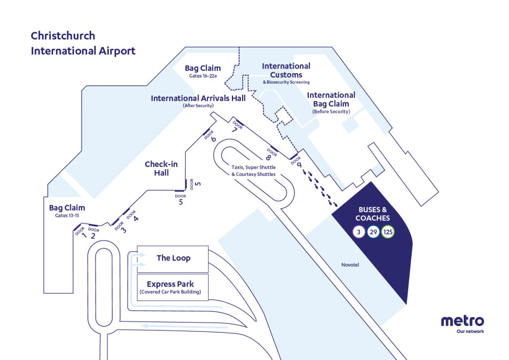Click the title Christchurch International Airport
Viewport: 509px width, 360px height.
(x=83, y=44)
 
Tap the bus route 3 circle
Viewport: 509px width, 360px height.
(x=358, y=232)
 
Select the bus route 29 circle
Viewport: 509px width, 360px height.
(x=373, y=232)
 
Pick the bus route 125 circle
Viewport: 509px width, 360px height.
(x=388, y=232)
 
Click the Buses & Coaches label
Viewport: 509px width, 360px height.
(x=372, y=213)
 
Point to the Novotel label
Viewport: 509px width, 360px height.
(x=351, y=265)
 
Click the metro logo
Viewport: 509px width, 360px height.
(x=462, y=322)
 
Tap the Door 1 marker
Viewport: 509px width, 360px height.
(x=81, y=232)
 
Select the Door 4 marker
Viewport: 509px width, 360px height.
(x=133, y=216)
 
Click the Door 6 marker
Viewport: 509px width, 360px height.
(x=210, y=137)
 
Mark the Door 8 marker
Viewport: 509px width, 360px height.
(x=270, y=154)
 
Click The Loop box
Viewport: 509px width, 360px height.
(x=173, y=258)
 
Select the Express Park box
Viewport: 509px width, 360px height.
(x=173, y=288)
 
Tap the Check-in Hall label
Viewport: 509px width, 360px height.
(x=161, y=168)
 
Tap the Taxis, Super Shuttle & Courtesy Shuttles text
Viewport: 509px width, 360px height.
(x=253, y=171)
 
